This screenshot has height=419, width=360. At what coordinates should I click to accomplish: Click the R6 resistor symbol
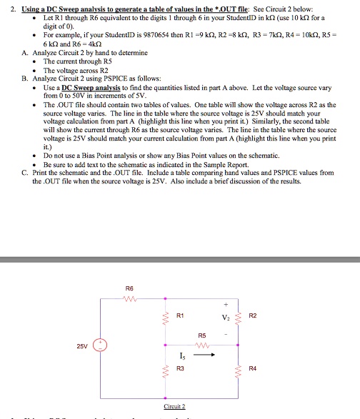129,298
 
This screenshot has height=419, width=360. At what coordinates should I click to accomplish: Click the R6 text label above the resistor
129,289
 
